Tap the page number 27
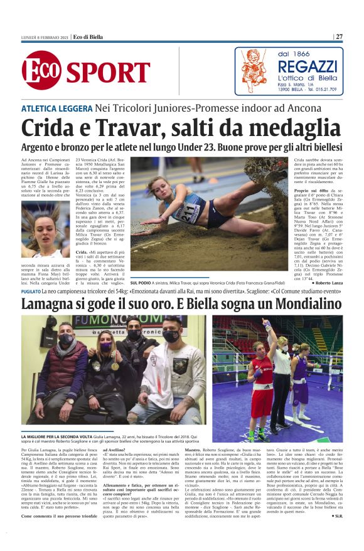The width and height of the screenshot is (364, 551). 340,36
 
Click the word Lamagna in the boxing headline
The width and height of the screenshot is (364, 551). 56,306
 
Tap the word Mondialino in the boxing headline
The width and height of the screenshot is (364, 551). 304,306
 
